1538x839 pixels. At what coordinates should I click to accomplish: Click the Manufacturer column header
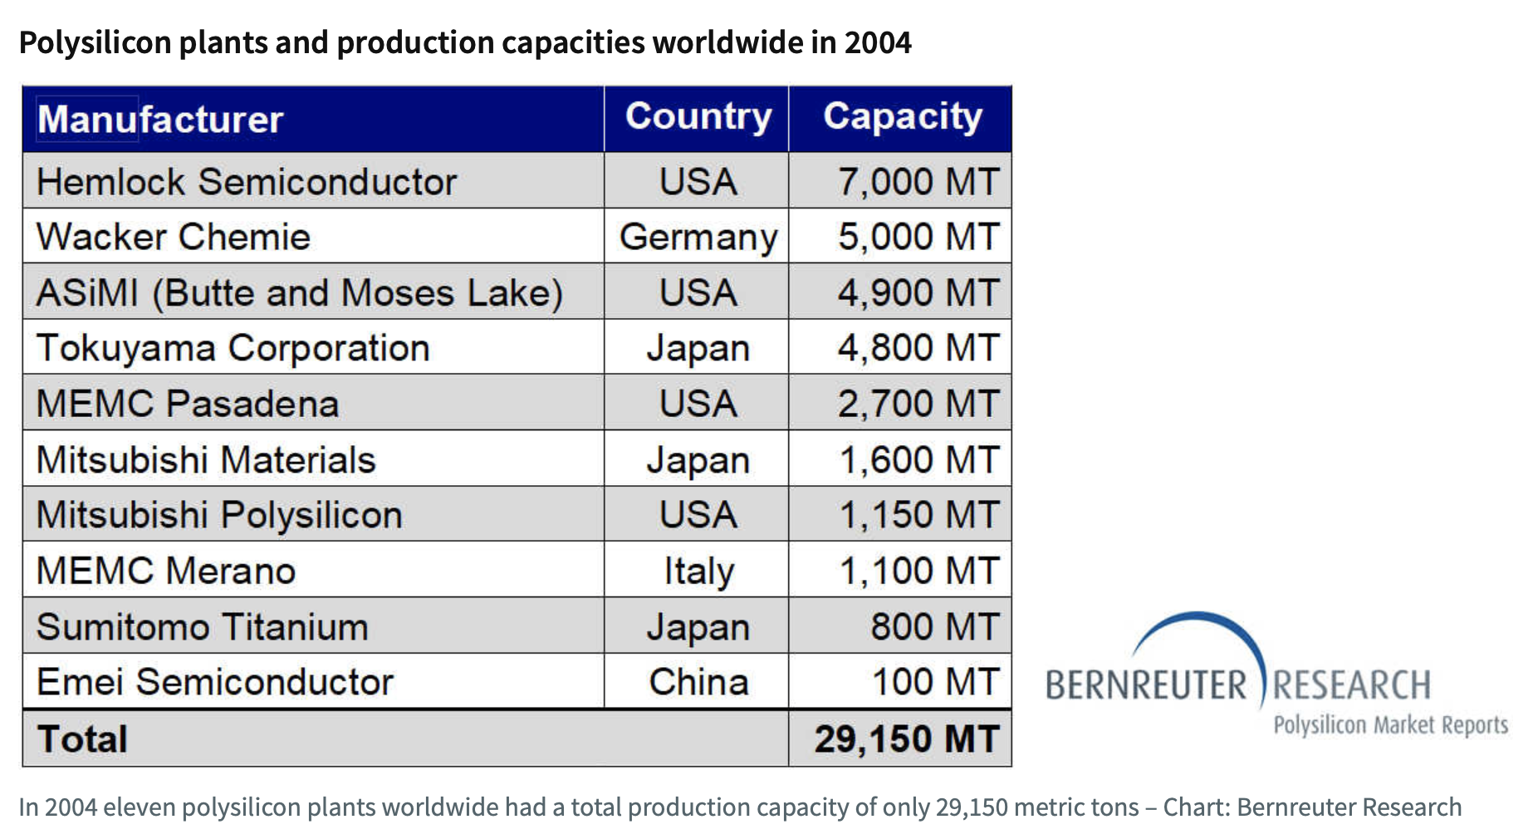click(160, 120)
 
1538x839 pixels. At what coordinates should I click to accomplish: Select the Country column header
click(698, 117)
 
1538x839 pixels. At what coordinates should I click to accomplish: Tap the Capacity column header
click(902, 117)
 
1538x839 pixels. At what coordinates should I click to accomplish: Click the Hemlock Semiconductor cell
click(247, 182)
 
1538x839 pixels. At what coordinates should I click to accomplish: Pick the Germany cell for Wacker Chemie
click(698, 238)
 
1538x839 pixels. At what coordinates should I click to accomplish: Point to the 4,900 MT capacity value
click(917, 293)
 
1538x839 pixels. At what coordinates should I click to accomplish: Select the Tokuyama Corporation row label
click(233, 348)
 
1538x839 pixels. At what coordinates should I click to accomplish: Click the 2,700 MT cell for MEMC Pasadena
click(917, 404)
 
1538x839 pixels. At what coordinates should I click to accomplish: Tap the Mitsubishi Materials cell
click(206, 460)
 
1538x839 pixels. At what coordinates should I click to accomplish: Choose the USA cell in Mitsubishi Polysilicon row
click(698, 515)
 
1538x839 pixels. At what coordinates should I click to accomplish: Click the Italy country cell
click(698, 572)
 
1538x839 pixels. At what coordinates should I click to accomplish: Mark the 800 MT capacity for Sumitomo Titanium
click(933, 627)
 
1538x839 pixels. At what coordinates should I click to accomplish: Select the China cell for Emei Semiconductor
click(698, 683)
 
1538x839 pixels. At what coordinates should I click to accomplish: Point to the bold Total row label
click(82, 739)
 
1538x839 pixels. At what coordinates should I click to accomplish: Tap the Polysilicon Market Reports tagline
click(1390, 725)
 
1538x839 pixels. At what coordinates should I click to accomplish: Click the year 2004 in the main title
click(877, 42)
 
